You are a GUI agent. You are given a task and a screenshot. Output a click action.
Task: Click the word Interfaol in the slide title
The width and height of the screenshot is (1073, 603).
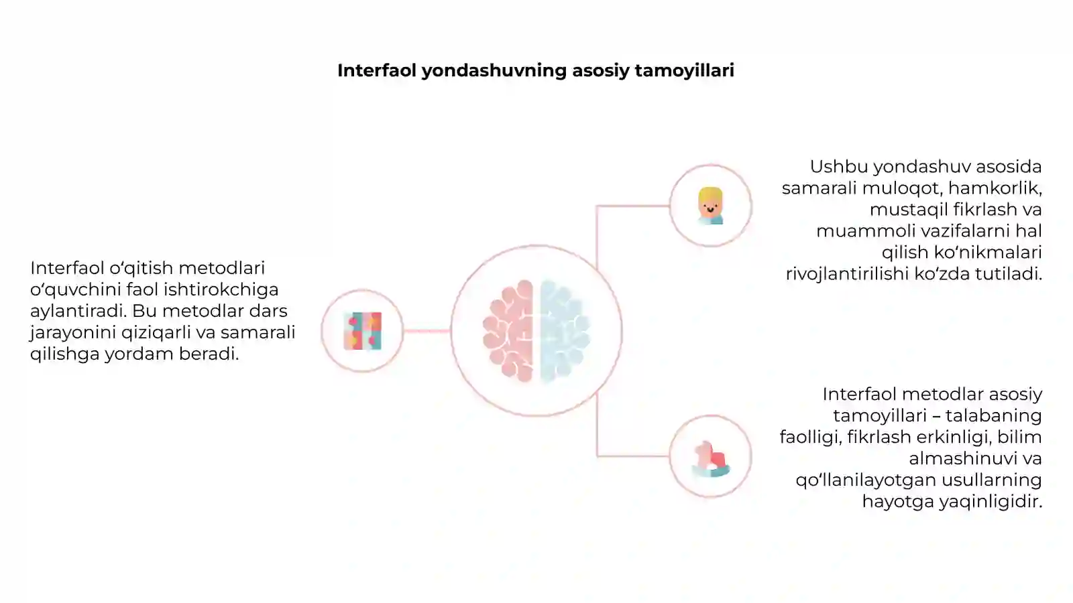coord(377,70)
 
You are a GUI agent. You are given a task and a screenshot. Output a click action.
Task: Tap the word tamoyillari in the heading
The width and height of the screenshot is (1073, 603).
coord(685,71)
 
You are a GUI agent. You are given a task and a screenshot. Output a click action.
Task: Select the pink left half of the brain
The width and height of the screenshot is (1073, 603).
coord(508,331)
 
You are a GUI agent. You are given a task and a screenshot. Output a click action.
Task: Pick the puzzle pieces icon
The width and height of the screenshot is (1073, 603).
coord(363,331)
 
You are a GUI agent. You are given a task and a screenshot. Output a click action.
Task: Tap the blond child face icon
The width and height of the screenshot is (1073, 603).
coord(710,206)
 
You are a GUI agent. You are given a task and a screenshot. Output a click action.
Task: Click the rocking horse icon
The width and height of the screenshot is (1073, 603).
coord(711,459)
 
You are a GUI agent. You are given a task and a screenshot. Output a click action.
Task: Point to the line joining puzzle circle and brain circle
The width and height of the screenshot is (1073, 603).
coord(427,331)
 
